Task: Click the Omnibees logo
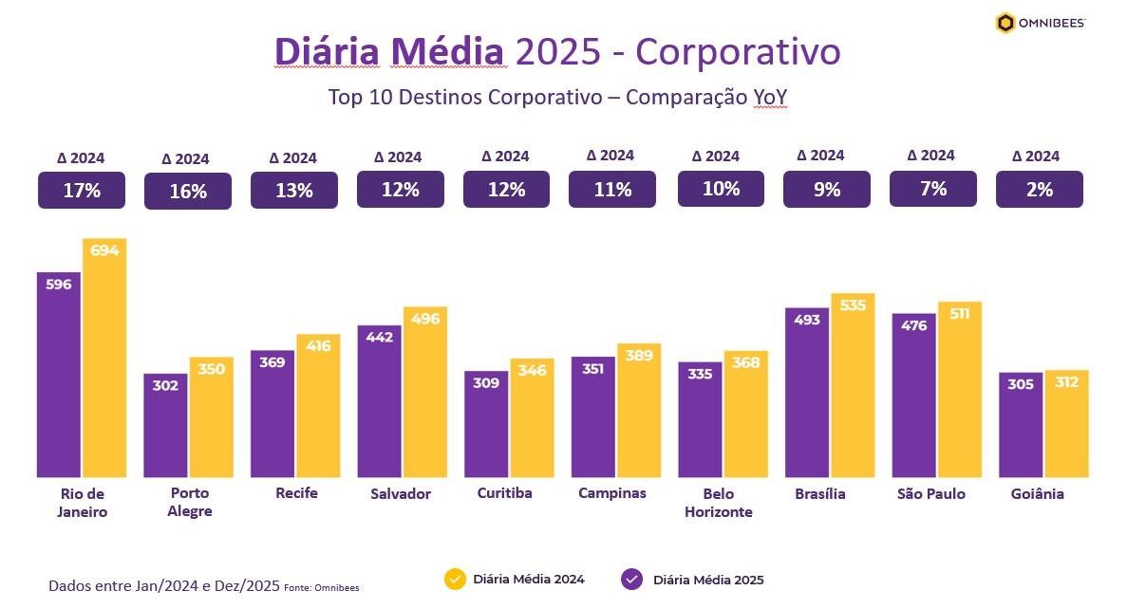[x=1040, y=23]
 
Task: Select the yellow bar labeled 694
[x=103, y=360]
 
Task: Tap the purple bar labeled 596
[x=59, y=379]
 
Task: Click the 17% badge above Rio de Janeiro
[x=82, y=190]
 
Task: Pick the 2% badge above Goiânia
[x=1039, y=190]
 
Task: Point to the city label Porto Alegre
[x=189, y=502]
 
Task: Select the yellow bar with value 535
[x=853, y=389]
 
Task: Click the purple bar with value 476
[x=914, y=398]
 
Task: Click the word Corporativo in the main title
[x=738, y=51]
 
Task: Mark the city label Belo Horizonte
[x=719, y=503]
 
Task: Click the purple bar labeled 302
[x=166, y=427]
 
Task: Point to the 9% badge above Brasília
[x=826, y=190]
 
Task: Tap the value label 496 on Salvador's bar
[x=424, y=319]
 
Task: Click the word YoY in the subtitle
[x=770, y=98]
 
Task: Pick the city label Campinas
[x=612, y=493]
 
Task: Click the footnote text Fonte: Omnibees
[x=321, y=588]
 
